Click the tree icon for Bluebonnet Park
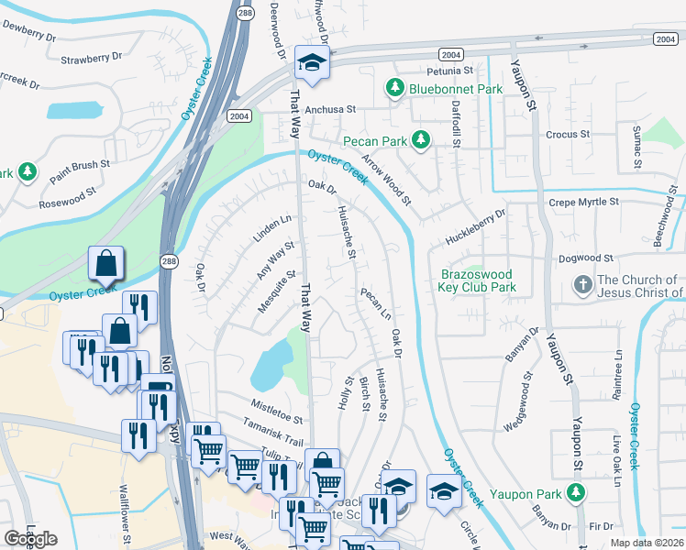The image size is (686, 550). [394, 89]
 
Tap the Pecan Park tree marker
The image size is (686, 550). [421, 140]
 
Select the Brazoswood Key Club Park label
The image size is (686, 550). [479, 280]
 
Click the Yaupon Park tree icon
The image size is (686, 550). [576, 494]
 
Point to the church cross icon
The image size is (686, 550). [581, 286]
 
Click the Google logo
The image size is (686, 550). [30, 539]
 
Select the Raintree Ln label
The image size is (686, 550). [619, 372]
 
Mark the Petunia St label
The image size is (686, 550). [448, 70]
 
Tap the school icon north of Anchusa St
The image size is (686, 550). [311, 65]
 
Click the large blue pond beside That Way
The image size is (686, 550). [271, 363]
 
